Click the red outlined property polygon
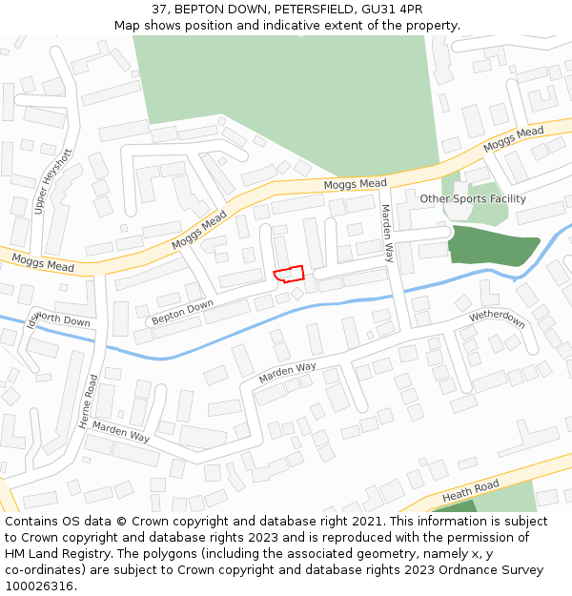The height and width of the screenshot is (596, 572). pyautogui.click(x=289, y=275)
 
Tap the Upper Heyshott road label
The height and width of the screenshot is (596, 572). pyautogui.click(x=52, y=181)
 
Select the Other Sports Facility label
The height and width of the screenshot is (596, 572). pyautogui.click(x=473, y=199)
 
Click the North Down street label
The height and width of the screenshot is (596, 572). pyautogui.click(x=63, y=321)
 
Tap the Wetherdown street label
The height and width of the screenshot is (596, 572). pyautogui.click(x=497, y=319)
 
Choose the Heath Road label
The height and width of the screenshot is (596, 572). pyautogui.click(x=471, y=493)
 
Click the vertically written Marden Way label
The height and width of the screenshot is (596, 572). pyautogui.click(x=387, y=233)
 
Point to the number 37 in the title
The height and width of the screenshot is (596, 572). pyautogui.click(x=158, y=9)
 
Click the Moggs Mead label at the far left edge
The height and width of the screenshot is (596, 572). pyautogui.click(x=42, y=262)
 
